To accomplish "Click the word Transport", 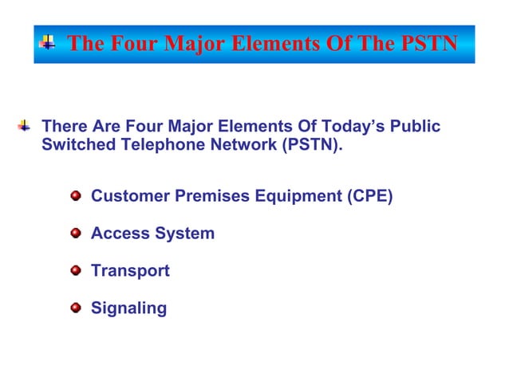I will [x=130, y=271].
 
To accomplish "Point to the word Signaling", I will [x=128, y=308].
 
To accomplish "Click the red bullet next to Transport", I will [x=76, y=271].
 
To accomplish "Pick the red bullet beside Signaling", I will [x=76, y=308].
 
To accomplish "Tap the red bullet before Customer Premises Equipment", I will [x=76, y=196].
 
